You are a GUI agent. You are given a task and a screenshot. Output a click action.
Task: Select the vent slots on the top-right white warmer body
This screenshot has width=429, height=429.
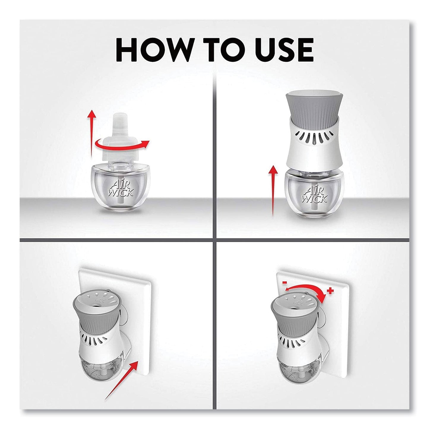(314, 138)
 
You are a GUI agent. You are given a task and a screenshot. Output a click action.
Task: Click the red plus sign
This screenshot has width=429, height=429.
(330, 291)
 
